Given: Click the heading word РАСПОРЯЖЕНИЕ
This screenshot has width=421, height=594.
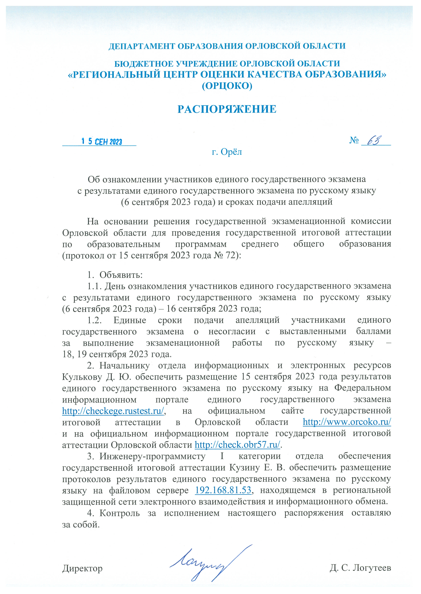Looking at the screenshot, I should click(x=227, y=109).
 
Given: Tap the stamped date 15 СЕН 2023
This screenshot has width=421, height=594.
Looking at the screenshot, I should click(x=102, y=142).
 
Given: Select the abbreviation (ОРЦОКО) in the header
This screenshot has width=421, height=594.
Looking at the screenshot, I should click(x=227, y=86).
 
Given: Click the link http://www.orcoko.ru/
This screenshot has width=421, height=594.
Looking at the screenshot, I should click(x=347, y=422).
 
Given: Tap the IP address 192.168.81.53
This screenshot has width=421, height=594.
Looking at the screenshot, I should click(x=223, y=490).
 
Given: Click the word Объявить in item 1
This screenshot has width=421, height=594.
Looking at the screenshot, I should click(x=121, y=275).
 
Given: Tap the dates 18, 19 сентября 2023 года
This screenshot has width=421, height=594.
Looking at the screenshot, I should click(x=117, y=354).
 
